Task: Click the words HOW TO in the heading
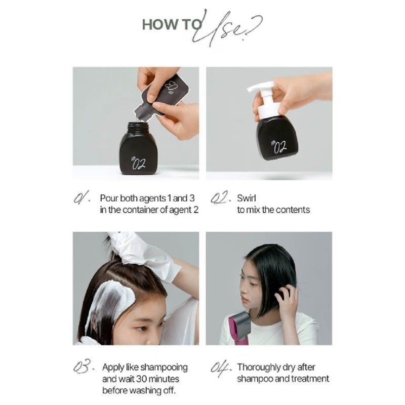[171, 25]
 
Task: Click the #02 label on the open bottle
[139, 163]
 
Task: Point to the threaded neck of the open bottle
[138, 126]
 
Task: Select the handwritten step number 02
[220, 198]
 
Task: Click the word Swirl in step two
[247, 198]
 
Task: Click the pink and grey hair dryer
[239, 328]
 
